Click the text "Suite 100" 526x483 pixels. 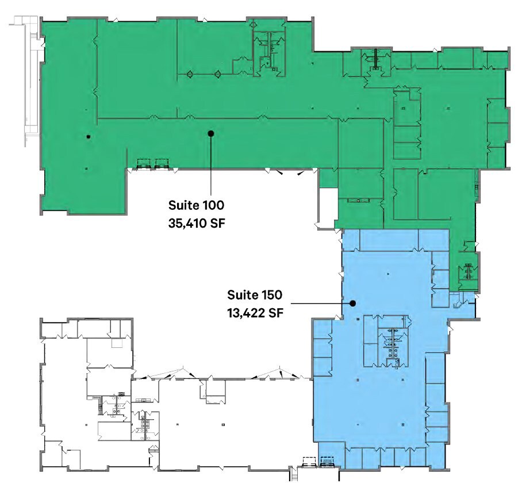(x=196, y=205)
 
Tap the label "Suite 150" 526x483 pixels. (x=255, y=296)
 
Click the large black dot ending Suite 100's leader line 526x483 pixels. (x=211, y=133)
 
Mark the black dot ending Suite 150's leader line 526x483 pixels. (x=353, y=303)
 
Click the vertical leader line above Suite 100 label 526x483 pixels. (x=211, y=167)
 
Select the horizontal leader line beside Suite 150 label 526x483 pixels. (x=319, y=302)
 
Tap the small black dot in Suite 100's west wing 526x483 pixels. (x=88, y=137)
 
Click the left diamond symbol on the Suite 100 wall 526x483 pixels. (x=189, y=74)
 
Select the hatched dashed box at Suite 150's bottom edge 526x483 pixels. (x=327, y=461)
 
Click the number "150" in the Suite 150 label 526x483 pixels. (x=270, y=296)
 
